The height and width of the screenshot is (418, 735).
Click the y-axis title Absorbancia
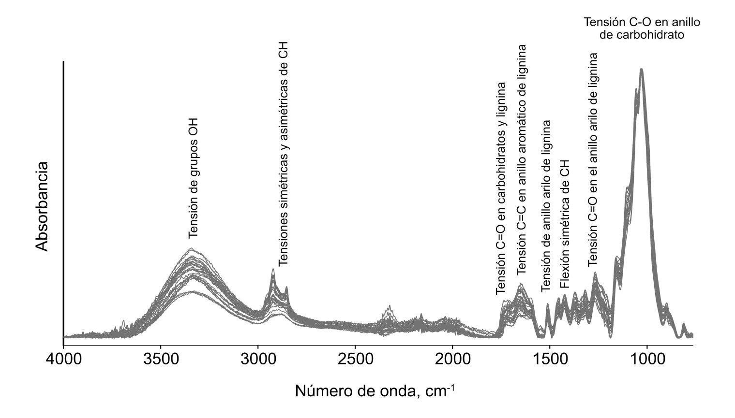(x=42, y=206)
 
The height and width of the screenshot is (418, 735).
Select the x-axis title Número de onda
(x=375, y=390)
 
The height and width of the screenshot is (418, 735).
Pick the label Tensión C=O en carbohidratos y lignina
(x=501, y=188)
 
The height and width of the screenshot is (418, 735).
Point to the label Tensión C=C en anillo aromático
(x=522, y=159)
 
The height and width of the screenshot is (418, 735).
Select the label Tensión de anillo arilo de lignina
(x=546, y=206)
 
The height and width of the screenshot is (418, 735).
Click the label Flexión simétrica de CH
(x=565, y=224)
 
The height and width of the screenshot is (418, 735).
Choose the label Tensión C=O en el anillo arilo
(x=593, y=159)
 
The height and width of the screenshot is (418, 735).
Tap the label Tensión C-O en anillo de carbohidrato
(x=642, y=29)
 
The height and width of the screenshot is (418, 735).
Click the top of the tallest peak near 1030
(x=642, y=69)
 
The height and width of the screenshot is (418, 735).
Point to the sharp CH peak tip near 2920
(x=273, y=269)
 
